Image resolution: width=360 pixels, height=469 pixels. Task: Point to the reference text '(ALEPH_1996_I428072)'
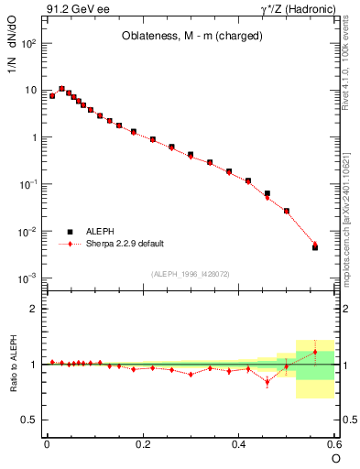coord(191,274)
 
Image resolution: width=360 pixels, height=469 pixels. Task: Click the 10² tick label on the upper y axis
coord(29,43)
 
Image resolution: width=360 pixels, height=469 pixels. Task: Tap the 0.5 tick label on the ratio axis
coord(31,420)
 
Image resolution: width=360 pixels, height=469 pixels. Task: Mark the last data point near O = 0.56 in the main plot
coord(315,246)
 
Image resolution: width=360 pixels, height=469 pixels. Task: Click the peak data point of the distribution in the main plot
coord(61,89)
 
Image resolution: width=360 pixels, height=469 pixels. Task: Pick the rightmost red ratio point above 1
coord(315,352)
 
